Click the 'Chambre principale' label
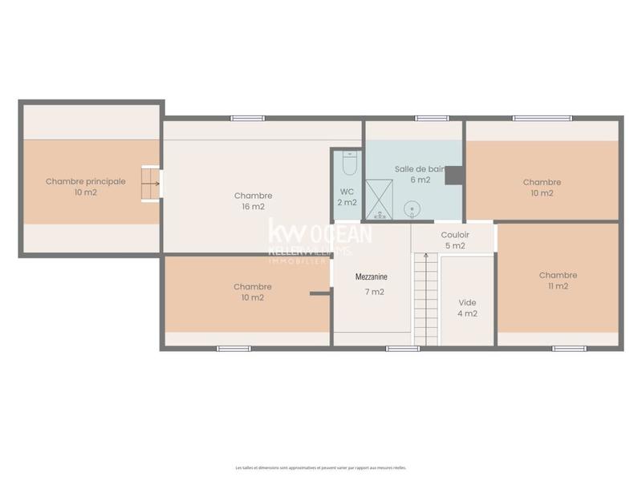(x=85, y=181)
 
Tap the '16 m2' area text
(x=253, y=207)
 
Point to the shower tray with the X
(x=376, y=200)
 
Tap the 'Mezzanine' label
(x=372, y=277)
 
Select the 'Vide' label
(x=467, y=302)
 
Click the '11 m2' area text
(x=558, y=286)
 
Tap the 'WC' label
(x=347, y=192)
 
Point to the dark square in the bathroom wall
(x=454, y=175)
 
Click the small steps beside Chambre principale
(x=150, y=184)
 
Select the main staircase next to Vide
(x=425, y=297)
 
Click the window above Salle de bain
(x=432, y=119)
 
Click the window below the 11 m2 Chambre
(x=569, y=349)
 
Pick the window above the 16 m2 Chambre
(x=248, y=119)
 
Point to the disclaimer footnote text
(x=320, y=467)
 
